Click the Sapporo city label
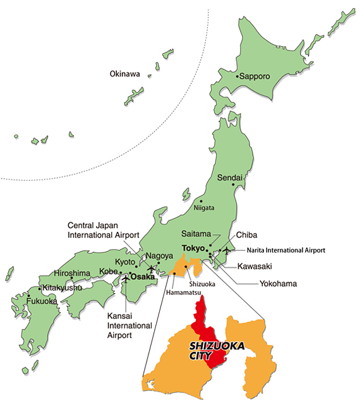point(255,76)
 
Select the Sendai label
point(230,178)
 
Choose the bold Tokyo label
point(193,248)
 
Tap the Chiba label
point(246,235)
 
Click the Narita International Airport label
point(286,250)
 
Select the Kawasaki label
point(256,266)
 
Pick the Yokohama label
point(278,284)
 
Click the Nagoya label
point(159,256)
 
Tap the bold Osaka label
point(142,276)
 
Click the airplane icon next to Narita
point(228,252)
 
